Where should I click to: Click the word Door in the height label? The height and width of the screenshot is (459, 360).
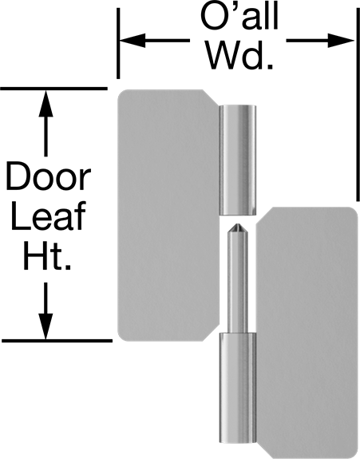tap(48, 176)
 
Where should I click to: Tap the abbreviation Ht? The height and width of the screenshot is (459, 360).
tap(47, 255)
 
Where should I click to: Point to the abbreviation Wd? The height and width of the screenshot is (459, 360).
tap(240, 55)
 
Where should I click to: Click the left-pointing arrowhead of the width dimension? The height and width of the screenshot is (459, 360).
tap(132, 41)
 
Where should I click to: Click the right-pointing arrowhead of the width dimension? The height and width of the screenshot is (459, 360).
tap(341, 40)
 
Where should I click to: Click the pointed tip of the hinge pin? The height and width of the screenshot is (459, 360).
tap(238, 225)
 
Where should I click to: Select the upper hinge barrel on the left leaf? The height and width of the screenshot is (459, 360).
tap(238, 160)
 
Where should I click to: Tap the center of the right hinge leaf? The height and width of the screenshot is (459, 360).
tap(307, 333)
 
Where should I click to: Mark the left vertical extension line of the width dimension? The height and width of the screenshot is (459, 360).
tap(118, 43)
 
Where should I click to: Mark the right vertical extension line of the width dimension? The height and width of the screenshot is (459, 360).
tap(358, 105)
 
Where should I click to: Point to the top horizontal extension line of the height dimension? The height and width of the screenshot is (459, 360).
tap(53, 88)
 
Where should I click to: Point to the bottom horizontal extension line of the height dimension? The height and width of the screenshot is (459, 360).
tap(57, 341)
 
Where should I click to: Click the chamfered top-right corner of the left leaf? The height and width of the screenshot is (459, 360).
tap(211, 97)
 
